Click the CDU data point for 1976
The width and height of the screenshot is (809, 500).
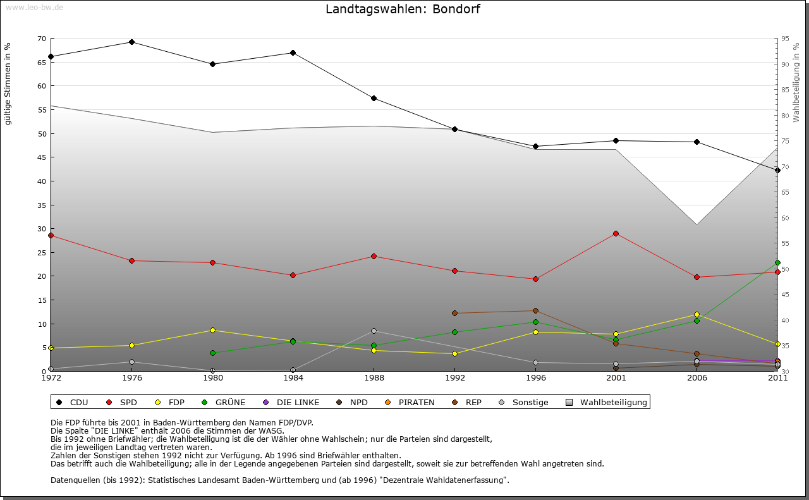131,42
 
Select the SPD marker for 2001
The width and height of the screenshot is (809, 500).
616,234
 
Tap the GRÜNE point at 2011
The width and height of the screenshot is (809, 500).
777,263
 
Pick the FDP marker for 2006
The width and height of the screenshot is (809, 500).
696,315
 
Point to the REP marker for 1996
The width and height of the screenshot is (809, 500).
535,311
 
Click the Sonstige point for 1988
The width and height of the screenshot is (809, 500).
374,331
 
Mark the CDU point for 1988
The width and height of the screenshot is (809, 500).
374,99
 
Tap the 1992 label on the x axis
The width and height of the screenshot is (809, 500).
454,379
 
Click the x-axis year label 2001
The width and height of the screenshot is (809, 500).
616,379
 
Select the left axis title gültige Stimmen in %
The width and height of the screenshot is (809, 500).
8,83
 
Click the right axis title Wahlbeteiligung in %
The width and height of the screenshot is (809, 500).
796,82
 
